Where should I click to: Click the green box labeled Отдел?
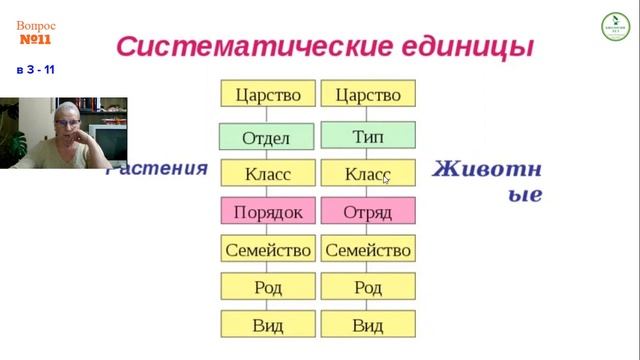267,137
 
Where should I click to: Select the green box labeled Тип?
368,135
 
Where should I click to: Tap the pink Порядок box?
267,211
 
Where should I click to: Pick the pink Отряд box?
368,211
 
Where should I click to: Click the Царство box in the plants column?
267,95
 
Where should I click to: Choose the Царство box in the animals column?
368,95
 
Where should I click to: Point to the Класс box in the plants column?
267,174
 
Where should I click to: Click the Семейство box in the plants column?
267,249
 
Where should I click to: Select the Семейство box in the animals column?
368,249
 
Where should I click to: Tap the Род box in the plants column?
267,287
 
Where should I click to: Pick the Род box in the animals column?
368,287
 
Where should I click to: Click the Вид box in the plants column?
267,325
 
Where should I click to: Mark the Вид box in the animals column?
368,325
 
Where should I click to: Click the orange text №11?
35,40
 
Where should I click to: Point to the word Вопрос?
35,24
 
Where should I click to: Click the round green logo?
615,27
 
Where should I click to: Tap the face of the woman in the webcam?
68,128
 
